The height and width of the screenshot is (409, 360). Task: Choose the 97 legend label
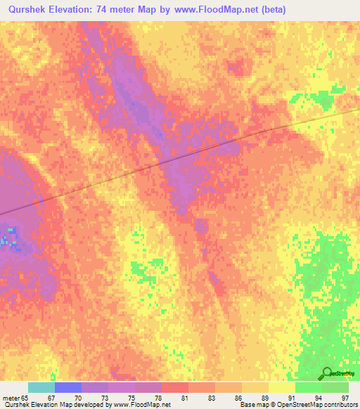coord(345,398)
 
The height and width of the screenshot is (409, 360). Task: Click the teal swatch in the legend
coord(41,387)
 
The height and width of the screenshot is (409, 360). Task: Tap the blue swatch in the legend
coord(67,387)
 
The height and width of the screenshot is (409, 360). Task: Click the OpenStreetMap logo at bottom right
coord(336,374)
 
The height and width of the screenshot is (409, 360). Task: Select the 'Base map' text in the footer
coord(254,405)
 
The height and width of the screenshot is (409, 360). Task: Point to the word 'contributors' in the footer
coord(340,405)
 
